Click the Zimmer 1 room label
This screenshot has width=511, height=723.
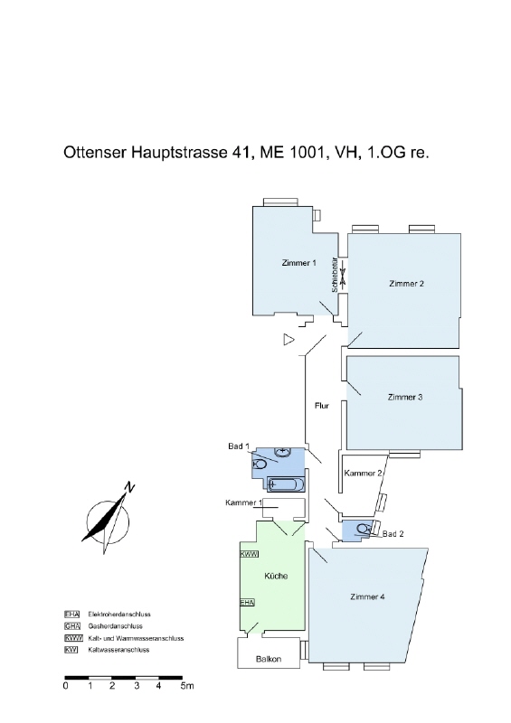click(298, 263)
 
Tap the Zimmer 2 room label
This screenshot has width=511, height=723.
click(406, 284)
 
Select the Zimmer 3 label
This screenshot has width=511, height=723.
click(405, 397)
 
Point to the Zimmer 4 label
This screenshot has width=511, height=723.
click(367, 596)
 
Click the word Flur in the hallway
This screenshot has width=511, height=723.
click(322, 406)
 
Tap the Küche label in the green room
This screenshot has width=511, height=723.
click(276, 576)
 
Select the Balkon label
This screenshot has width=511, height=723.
click(269, 659)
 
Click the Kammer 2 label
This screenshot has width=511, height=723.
click(364, 473)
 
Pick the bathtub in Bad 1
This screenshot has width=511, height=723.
click(286, 484)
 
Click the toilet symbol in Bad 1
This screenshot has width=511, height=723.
click(260, 463)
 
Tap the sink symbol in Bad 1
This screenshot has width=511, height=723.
click(282, 452)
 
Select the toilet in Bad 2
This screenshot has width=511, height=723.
click(364, 529)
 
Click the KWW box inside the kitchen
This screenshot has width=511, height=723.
click(250, 554)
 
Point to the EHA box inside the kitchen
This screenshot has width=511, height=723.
click(248, 602)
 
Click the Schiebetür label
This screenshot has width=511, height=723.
click(335, 275)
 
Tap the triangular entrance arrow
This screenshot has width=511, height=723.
click(289, 340)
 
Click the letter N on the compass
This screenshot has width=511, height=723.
click(129, 487)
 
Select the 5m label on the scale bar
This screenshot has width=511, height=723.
click(187, 686)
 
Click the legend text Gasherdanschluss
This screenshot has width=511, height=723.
click(116, 626)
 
